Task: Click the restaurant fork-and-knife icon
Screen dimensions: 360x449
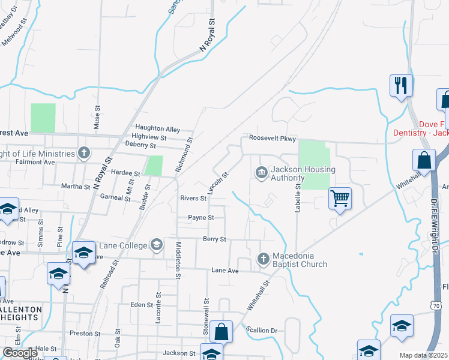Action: pyautogui.click(x=400, y=85)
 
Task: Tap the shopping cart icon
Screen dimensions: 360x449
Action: pyautogui.click(x=340, y=197)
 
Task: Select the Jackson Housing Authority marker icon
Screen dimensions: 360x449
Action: pyautogui.click(x=262, y=173)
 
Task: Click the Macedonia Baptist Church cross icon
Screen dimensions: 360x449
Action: pyautogui.click(x=263, y=259)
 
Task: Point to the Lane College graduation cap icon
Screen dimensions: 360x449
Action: pyautogui.click(x=156, y=244)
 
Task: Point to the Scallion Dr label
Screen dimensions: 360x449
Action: pyautogui.click(x=262, y=330)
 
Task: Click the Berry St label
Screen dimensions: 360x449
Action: pyautogui.click(x=214, y=239)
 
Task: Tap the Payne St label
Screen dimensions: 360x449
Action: pyautogui.click(x=200, y=218)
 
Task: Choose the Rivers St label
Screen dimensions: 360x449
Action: pyautogui.click(x=193, y=198)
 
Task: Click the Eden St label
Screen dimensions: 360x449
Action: pyautogui.click(x=142, y=305)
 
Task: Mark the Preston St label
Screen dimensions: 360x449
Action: pyautogui.click(x=85, y=334)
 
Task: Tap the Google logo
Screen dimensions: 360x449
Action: pyautogui.click(x=20, y=353)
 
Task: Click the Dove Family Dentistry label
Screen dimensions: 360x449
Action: pyautogui.click(x=420, y=127)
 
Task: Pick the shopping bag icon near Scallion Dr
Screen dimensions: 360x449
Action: pyautogui.click(x=221, y=331)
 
